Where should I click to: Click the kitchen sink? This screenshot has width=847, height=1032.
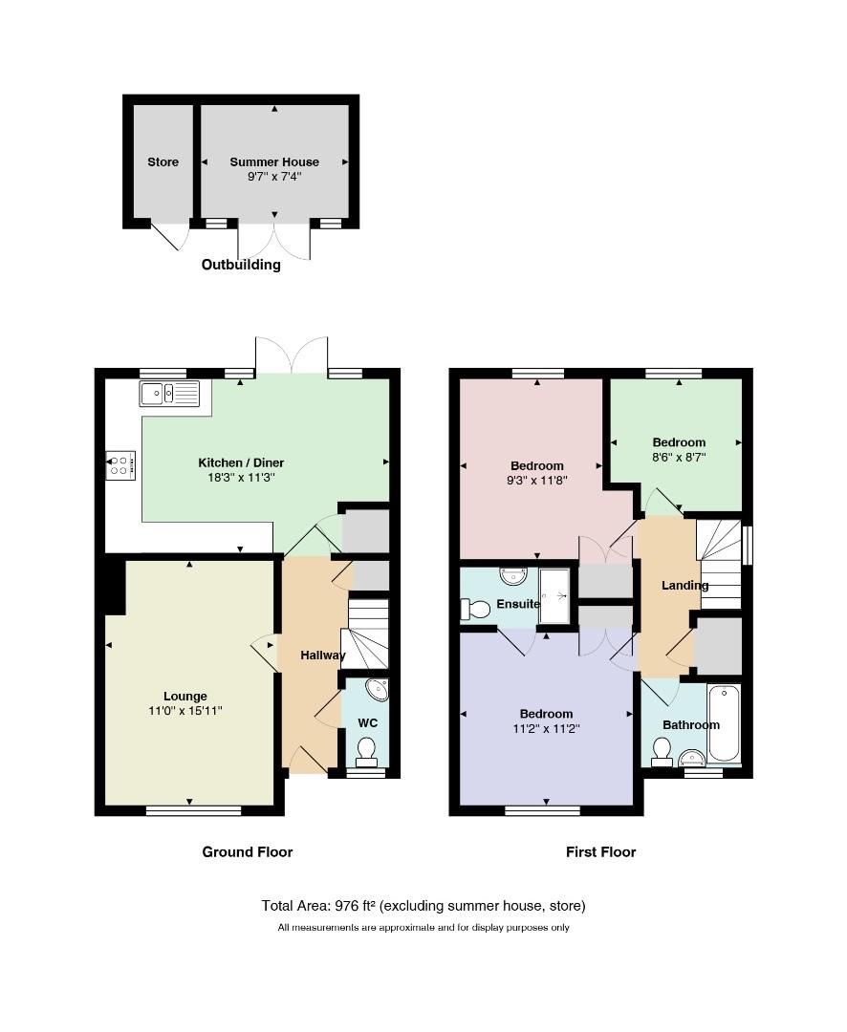coord(169,394)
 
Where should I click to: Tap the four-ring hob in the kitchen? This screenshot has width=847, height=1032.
coord(120,465)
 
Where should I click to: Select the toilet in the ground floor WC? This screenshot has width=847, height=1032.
coord(365,752)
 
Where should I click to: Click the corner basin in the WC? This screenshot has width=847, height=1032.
coord(378,689)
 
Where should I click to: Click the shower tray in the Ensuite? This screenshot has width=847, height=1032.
coord(554,596)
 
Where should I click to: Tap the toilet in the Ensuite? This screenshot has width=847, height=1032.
coord(475,610)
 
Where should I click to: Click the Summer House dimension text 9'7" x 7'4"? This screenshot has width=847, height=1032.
coord(274,177)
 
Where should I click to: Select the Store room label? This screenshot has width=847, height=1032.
coord(163,161)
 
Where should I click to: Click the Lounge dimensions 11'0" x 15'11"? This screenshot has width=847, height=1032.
coord(185,711)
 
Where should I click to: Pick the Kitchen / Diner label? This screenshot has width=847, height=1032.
coord(241,462)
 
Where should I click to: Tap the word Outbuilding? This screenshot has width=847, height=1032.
coord(241,265)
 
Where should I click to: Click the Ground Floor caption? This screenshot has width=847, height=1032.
coord(247,852)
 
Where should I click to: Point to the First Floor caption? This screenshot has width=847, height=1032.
coord(600,852)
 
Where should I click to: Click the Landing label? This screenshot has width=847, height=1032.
coord(685,585)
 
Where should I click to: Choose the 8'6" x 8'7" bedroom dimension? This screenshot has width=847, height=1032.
coord(679,457)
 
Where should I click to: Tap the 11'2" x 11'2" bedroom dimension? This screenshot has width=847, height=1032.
coord(546,728)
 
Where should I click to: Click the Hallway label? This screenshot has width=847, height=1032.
coord(323,655)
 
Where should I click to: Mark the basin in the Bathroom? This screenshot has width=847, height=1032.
coord(691,758)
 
